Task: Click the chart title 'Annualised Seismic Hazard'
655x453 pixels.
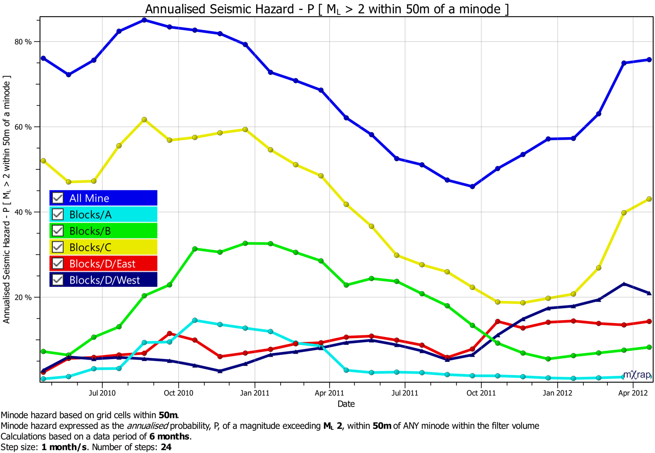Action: (x=327, y=9)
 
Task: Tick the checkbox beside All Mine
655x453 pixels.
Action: (x=58, y=198)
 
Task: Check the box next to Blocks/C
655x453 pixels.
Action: (x=58, y=247)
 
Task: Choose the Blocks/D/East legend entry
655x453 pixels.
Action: (x=102, y=264)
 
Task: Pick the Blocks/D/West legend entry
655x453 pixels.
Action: (x=104, y=280)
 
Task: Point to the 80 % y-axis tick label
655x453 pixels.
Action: (x=23, y=42)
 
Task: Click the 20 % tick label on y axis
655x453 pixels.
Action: (x=23, y=297)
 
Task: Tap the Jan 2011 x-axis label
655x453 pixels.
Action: (x=255, y=393)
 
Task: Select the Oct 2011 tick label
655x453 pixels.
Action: (x=481, y=393)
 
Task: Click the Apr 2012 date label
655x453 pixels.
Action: (x=633, y=393)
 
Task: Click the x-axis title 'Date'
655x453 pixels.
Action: (x=346, y=404)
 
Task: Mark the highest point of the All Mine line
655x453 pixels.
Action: (x=144, y=20)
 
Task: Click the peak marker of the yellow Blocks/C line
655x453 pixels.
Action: (x=144, y=120)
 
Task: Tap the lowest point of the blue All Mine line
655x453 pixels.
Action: (x=472, y=187)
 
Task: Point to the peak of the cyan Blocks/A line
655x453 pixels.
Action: (x=195, y=320)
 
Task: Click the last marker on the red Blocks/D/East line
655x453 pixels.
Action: (x=649, y=321)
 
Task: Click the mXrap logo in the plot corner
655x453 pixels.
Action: (x=637, y=375)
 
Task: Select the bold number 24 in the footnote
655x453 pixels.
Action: (x=166, y=447)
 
